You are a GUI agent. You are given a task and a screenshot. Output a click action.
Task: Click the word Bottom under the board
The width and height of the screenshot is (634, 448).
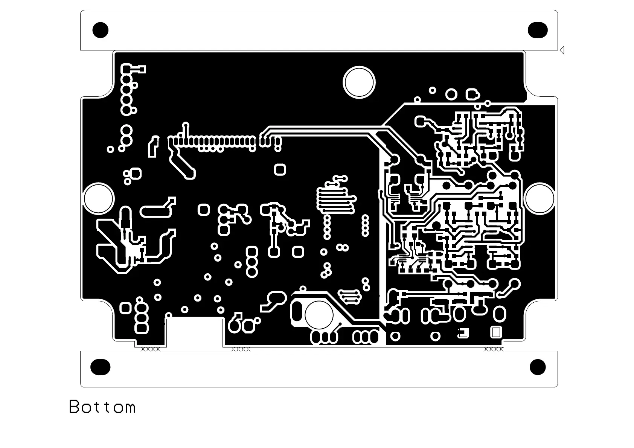[x=102, y=407]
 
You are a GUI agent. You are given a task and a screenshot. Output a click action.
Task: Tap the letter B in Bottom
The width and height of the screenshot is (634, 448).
[x=74, y=407]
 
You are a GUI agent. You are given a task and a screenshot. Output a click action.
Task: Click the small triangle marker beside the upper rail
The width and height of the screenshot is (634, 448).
[x=562, y=50]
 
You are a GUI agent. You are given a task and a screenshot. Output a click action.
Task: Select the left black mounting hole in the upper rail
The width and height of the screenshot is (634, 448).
[x=101, y=30]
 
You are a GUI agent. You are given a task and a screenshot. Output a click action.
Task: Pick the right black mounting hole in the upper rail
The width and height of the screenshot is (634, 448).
[x=538, y=30]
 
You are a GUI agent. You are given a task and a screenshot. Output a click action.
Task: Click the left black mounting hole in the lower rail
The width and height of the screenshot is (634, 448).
[x=101, y=367]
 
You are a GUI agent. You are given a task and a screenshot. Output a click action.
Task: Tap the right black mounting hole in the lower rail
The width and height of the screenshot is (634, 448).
[x=538, y=367]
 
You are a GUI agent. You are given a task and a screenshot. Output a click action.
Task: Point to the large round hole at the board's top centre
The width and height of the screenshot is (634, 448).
[x=359, y=82]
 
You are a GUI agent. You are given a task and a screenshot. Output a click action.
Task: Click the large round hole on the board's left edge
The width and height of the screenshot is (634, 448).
[x=98, y=198]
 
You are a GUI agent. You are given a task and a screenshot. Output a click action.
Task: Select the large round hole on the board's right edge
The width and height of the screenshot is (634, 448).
[x=540, y=198]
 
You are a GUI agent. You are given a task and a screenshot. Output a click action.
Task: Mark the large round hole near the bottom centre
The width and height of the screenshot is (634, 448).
[x=319, y=314]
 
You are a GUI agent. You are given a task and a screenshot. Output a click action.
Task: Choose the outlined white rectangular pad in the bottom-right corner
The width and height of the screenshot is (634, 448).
[x=496, y=332]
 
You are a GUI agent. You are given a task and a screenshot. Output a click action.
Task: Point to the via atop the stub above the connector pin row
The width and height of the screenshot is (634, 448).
[x=185, y=125]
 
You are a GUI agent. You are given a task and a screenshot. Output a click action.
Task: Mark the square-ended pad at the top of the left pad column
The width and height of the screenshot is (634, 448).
[x=126, y=69]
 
